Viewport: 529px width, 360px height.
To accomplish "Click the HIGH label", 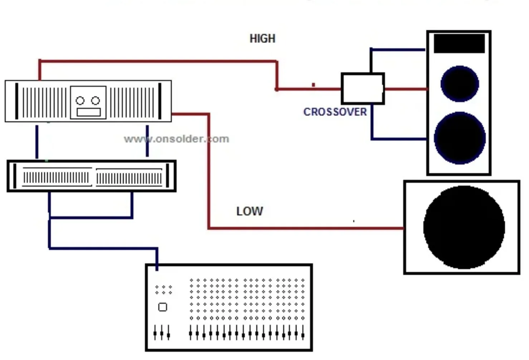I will [x=262, y=39].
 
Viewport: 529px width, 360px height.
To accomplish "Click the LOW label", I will [x=249, y=211].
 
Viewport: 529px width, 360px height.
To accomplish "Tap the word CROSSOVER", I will [x=335, y=112].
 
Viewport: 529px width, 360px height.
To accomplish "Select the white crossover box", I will [x=362, y=88].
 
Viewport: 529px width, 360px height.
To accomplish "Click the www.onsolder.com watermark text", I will [x=176, y=139].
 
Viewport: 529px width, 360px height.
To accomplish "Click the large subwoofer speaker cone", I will [x=464, y=227].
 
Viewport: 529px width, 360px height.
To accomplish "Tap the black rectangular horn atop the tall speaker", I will [x=459, y=43].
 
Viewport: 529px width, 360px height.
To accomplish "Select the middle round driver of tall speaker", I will [x=460, y=84].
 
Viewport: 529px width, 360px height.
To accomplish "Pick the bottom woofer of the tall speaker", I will [x=460, y=138].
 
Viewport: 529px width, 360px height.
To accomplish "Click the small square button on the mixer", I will [x=162, y=307].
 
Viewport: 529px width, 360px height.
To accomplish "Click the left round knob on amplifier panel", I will [x=80, y=101].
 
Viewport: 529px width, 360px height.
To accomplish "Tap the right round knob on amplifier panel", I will [x=96, y=101].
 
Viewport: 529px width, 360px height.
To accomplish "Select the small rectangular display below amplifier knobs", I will [x=88, y=112].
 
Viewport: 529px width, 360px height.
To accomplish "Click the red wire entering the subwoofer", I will [x=358, y=228].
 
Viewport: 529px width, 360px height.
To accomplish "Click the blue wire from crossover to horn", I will [x=397, y=50].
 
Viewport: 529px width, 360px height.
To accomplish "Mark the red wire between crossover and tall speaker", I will [x=405, y=89].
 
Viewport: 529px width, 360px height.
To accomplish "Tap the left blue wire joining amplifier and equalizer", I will [x=37, y=141].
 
